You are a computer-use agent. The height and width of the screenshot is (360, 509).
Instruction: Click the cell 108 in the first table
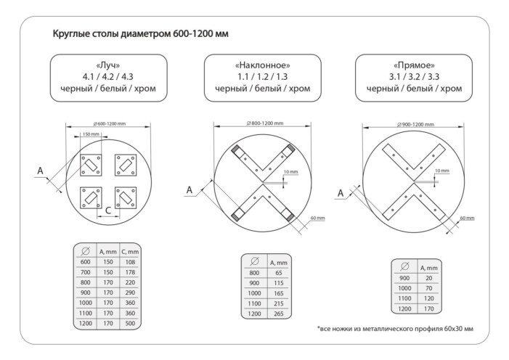click(x=131, y=261)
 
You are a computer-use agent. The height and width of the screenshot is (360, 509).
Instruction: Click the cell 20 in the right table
click(x=428, y=277)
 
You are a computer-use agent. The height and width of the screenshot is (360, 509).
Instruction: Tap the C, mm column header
click(x=131, y=250)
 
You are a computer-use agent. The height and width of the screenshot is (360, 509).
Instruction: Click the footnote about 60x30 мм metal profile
click(x=396, y=329)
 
